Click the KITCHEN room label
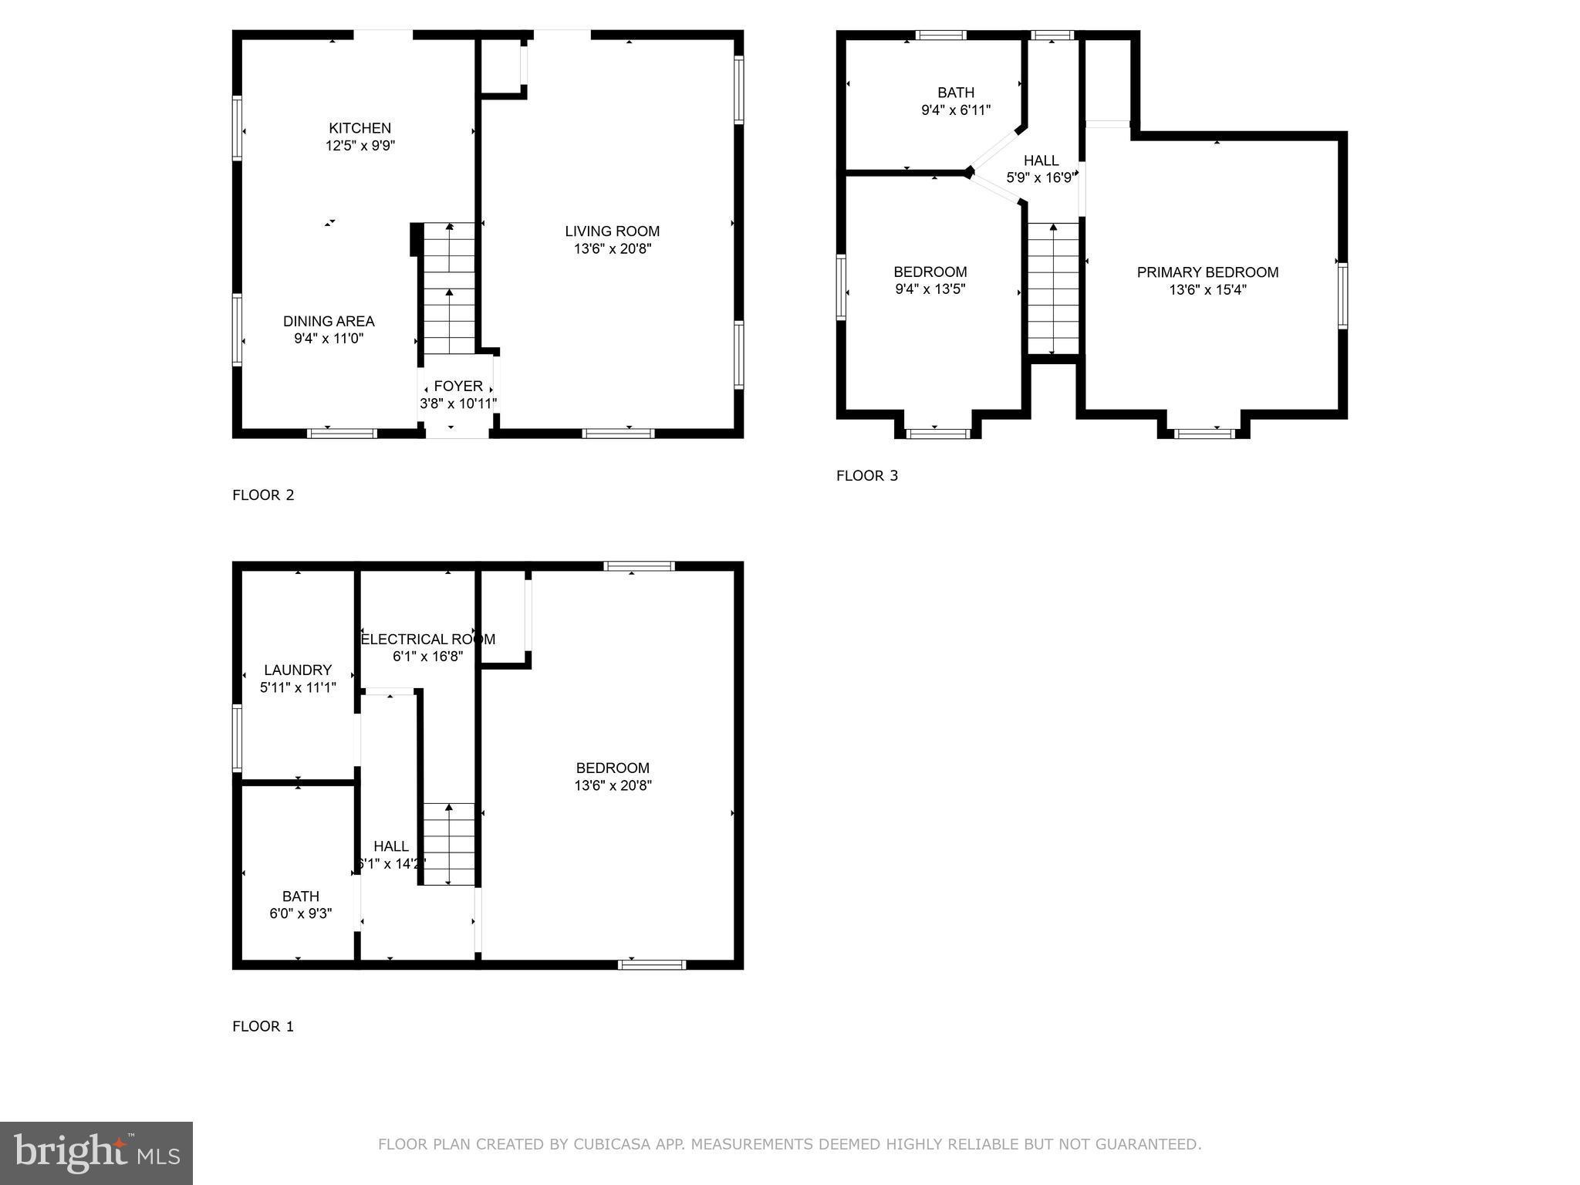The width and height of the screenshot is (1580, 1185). (x=360, y=128)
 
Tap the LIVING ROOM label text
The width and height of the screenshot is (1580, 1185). (x=612, y=231)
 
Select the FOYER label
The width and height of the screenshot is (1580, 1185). (x=458, y=386)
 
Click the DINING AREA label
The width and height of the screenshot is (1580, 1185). (x=329, y=321)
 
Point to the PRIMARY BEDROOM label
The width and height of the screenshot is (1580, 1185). (x=1207, y=272)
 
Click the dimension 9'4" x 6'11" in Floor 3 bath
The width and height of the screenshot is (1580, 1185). (x=956, y=110)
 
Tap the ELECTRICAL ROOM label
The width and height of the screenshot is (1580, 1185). (x=428, y=639)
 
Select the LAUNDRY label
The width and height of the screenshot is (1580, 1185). (x=298, y=670)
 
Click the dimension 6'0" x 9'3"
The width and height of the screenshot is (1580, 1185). (x=300, y=913)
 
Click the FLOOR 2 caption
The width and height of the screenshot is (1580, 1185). (x=263, y=495)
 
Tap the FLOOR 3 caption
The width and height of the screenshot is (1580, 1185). (x=867, y=476)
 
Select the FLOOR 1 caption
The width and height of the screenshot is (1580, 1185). (x=263, y=1027)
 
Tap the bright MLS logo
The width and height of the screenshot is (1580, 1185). (x=96, y=1153)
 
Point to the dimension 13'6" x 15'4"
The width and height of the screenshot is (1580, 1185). (x=1207, y=290)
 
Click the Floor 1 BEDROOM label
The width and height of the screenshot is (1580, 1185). (x=613, y=768)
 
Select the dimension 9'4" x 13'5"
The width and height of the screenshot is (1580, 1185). (x=930, y=289)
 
